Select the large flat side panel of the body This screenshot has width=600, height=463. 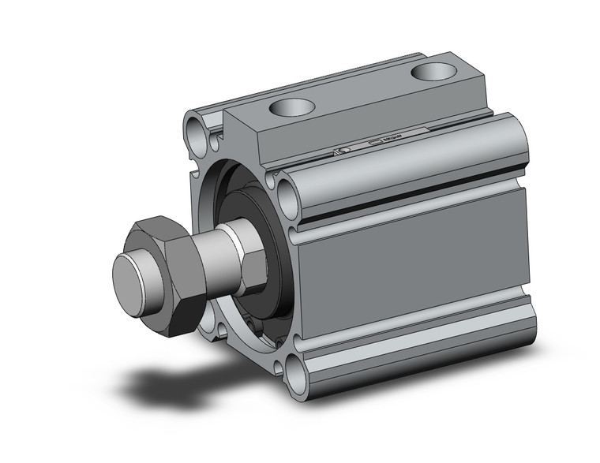click(411, 268)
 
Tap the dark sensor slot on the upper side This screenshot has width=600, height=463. click(411, 201)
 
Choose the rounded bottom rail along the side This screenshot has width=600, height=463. click(418, 359)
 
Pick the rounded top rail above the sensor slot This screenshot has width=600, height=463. click(411, 162)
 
